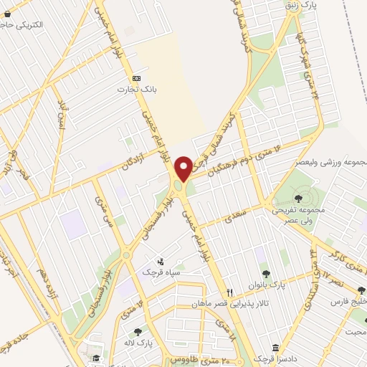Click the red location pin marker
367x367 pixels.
point(183,168)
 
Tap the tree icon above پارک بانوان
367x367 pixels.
point(266,273)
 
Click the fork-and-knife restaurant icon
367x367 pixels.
point(230,292)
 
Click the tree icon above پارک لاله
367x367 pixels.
point(138,332)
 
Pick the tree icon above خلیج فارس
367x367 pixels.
point(357,292)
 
